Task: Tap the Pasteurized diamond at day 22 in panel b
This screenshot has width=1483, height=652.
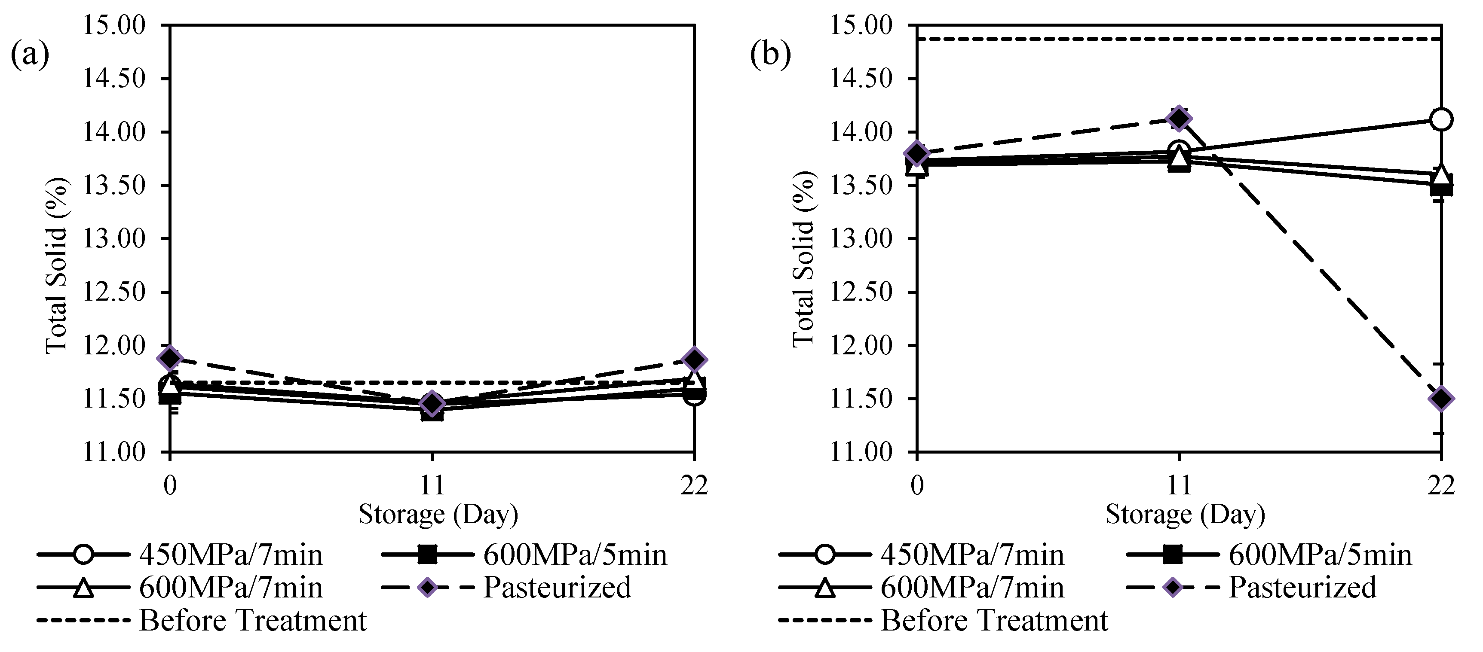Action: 1441,398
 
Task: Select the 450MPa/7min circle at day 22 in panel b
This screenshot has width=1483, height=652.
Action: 1441,120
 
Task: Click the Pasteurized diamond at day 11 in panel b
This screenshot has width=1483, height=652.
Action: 1179,119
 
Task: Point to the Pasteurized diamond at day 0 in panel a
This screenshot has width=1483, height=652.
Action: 170,358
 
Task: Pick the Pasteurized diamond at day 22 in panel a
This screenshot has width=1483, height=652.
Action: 694,359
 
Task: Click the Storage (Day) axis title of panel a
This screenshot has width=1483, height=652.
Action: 438,515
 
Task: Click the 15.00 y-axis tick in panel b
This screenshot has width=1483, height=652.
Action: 861,25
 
